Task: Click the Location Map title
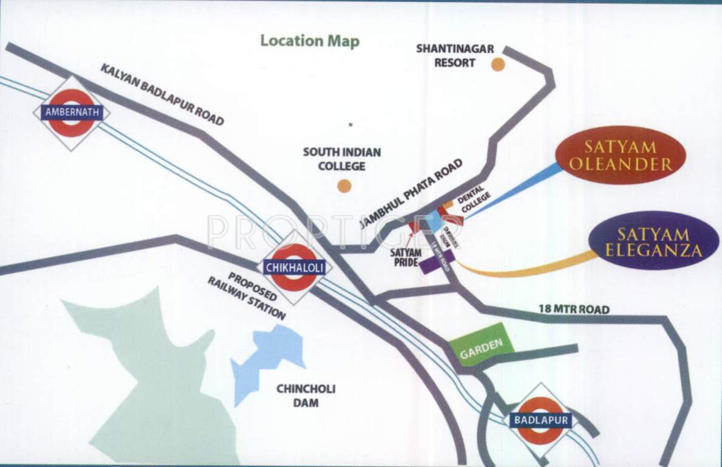click(310, 41)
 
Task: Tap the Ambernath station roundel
click(72, 112)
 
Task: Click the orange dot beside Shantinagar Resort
click(498, 65)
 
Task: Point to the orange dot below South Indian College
click(344, 186)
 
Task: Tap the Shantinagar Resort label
click(455, 55)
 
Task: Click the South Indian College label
click(342, 159)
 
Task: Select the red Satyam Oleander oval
click(620, 155)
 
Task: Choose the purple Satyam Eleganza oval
click(653, 241)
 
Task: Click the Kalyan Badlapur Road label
click(162, 94)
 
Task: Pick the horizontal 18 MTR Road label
click(573, 310)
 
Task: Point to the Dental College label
click(472, 199)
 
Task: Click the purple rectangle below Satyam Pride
click(435, 263)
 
